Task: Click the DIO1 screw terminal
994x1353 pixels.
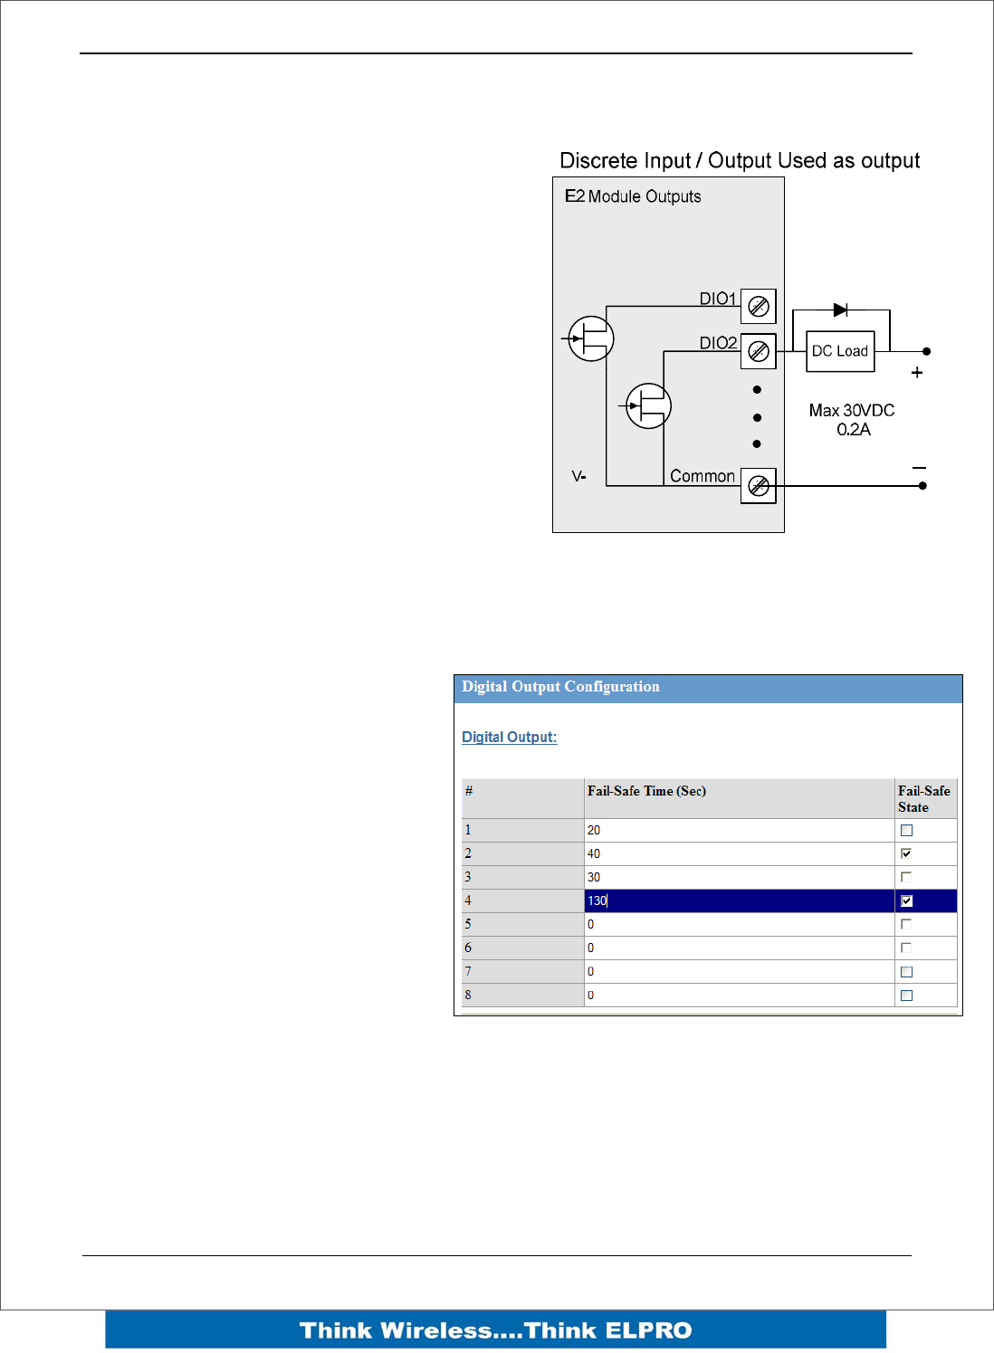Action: pos(759,307)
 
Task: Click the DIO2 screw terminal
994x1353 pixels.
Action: pos(759,351)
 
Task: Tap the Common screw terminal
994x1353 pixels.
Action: pos(759,486)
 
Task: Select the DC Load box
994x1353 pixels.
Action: pos(840,351)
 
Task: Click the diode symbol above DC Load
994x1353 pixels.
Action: pos(840,310)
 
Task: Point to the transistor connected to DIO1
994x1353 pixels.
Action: pos(591,339)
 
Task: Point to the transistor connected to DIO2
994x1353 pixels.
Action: pos(648,405)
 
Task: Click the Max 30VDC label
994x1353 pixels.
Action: pos(851,411)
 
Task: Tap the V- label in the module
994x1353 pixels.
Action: pos(578,476)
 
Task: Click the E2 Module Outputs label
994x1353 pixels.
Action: pos(633,196)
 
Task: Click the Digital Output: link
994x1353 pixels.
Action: pos(509,738)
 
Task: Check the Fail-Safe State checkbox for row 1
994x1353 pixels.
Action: pos(906,831)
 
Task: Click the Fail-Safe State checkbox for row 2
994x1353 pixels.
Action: pos(906,853)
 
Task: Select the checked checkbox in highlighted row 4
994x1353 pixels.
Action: pos(906,900)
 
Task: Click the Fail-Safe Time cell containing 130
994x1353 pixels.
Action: pos(738,900)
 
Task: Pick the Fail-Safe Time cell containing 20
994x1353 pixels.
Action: pos(738,831)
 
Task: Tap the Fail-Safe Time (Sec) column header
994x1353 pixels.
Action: pos(646,791)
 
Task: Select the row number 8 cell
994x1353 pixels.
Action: pos(521,995)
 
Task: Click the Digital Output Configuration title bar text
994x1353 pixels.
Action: pos(560,687)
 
